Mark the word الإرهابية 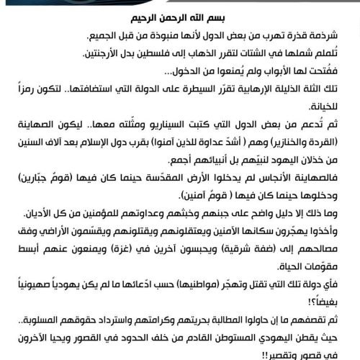[256, 91]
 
